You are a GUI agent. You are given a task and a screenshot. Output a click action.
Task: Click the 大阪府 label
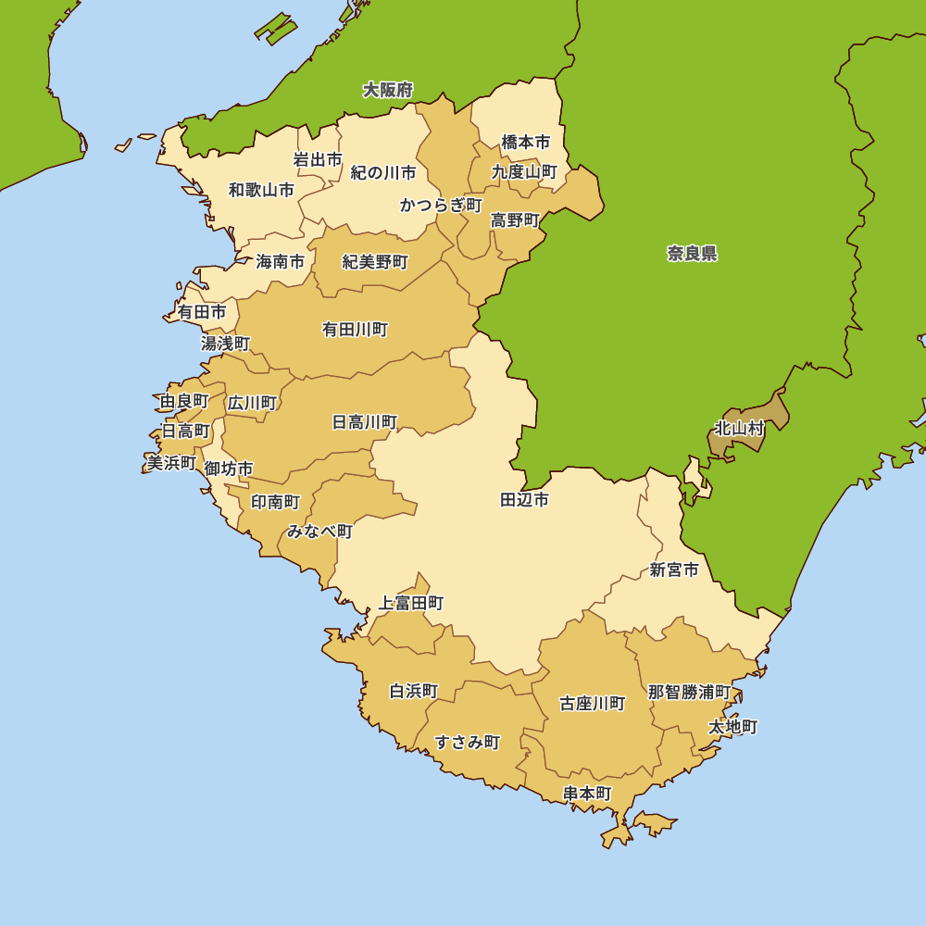point(387,90)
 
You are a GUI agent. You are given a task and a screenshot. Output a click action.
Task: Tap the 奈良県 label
point(692,254)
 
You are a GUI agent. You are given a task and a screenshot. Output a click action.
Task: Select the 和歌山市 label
point(261,191)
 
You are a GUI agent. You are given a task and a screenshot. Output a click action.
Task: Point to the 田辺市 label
point(524,500)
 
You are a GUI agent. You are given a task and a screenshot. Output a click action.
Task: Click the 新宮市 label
point(674,570)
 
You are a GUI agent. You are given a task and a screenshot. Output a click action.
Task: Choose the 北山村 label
point(739,429)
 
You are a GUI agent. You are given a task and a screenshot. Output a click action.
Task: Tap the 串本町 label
point(587,794)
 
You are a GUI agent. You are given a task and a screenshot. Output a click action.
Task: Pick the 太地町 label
point(732,727)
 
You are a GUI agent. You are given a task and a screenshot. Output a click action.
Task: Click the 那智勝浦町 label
point(688,693)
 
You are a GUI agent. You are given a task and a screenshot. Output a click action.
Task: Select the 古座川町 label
point(592,704)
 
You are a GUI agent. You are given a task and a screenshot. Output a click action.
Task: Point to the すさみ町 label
point(468,742)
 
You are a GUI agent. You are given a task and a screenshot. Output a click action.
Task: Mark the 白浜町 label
point(413,692)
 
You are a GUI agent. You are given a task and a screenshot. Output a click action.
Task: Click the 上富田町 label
point(411,604)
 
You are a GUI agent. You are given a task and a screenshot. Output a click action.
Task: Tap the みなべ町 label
point(319,532)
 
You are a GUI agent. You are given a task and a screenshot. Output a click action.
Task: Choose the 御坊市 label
point(229,469)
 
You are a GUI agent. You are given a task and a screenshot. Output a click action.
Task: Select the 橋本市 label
point(525,143)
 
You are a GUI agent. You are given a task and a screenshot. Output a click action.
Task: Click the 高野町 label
point(515,220)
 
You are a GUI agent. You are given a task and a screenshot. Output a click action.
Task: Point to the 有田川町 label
point(355,330)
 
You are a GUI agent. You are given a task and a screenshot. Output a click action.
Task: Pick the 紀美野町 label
point(375,262)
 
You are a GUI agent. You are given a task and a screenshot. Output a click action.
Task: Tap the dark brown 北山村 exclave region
point(773,412)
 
